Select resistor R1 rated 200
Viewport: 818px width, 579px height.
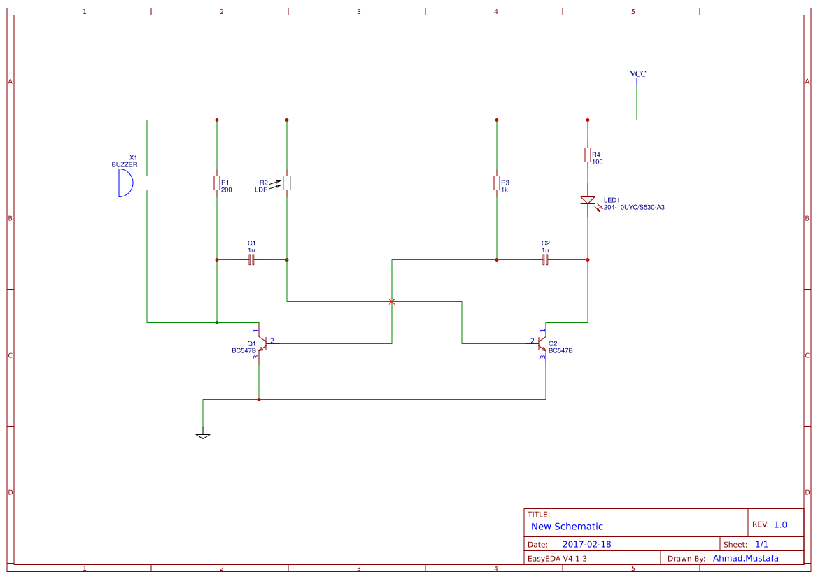217,183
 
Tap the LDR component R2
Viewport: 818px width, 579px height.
287,183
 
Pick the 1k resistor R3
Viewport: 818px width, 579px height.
497,183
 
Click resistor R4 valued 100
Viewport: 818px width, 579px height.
588,155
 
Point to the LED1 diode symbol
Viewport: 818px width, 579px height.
588,201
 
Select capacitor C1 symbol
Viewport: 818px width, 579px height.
252,259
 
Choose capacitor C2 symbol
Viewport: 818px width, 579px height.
546,259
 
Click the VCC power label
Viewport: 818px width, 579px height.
637,74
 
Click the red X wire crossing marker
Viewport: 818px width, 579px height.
392,301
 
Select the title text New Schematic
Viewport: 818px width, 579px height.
567,527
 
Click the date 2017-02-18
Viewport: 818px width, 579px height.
587,544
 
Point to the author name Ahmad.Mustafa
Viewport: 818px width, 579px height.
745,558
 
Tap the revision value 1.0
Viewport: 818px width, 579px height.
780,524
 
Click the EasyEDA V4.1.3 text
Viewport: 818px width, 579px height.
557,559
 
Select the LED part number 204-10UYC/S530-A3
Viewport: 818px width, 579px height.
634,208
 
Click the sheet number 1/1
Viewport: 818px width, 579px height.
761,544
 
